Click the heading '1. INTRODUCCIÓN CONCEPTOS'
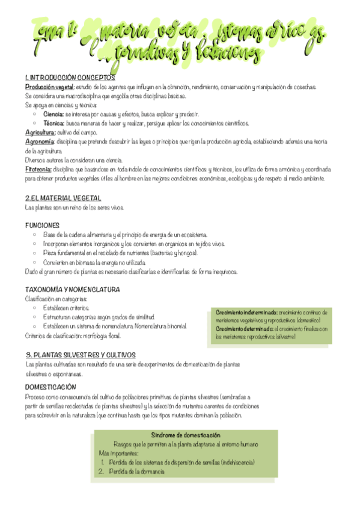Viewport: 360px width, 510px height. click(70, 78)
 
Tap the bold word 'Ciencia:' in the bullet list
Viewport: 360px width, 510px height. click(53, 114)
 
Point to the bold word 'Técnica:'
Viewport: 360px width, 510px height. click(54, 123)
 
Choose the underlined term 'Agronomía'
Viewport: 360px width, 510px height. click(40, 141)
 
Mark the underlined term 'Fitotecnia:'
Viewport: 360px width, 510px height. click(38, 169)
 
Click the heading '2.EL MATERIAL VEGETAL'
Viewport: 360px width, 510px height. click(63, 198)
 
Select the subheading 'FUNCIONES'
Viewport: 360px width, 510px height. click(42, 225)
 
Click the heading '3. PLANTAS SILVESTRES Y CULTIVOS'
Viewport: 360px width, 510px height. click(81, 355)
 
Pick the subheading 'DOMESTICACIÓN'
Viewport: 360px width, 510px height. click(50, 387)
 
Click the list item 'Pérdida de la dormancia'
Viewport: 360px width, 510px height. click(136, 472)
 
